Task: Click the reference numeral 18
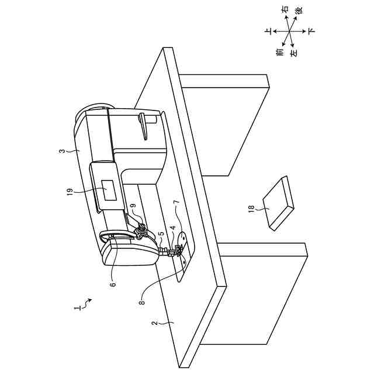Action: [x=251, y=209]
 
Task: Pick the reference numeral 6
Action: [x=113, y=285]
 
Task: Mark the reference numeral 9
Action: [x=133, y=206]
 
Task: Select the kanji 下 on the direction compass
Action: [x=311, y=30]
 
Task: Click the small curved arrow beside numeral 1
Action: [x=88, y=302]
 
